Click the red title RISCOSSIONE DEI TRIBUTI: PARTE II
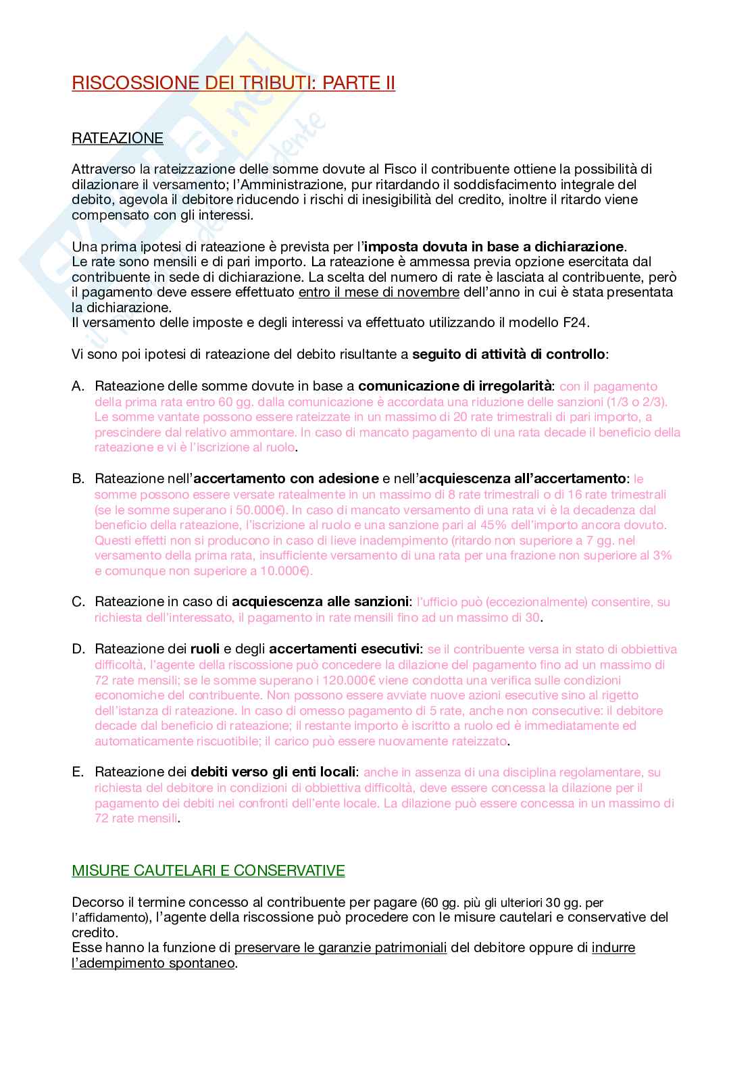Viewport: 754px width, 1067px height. (233, 83)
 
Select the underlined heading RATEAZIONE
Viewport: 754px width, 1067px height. (118, 139)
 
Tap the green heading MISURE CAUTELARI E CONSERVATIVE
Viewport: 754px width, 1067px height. (208, 870)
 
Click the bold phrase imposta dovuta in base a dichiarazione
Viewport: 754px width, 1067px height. (494, 247)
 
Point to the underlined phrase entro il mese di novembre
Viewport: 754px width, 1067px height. (378, 292)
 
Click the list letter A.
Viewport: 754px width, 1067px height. (78, 387)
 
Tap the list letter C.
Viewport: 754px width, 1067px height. (78, 602)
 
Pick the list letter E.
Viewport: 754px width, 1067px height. (78, 772)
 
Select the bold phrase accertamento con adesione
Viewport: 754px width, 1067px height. (286, 479)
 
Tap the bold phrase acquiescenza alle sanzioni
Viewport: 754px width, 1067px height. (320, 602)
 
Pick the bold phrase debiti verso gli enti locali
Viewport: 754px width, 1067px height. (273, 772)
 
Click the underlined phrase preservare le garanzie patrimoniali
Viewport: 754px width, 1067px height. (341, 948)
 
